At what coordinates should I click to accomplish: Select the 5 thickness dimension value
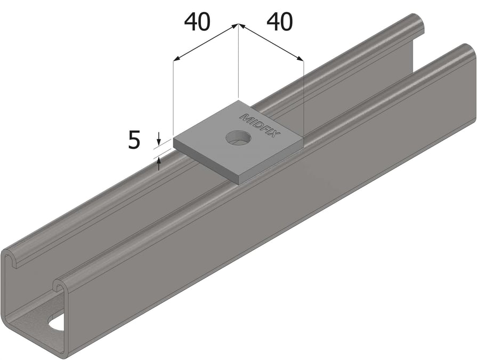point(134,140)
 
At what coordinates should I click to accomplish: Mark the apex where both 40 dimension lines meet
point(238,24)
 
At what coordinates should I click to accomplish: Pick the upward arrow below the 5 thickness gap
point(158,162)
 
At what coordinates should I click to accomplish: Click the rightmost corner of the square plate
point(303,137)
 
